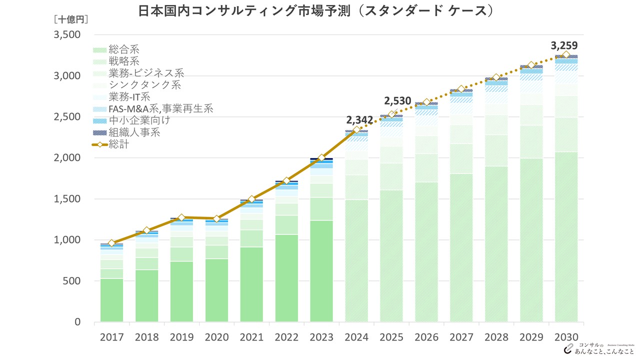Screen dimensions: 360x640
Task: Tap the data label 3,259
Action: click(x=564, y=45)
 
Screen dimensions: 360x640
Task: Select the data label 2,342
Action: click(x=360, y=120)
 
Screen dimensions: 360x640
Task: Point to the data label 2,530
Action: click(x=397, y=101)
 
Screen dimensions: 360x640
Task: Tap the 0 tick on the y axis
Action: click(x=77, y=322)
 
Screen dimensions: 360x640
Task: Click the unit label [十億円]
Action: click(x=71, y=19)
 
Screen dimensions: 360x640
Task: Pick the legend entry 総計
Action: click(x=119, y=144)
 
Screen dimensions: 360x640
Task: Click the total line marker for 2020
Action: click(x=216, y=218)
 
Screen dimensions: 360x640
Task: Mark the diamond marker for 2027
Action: click(x=461, y=89)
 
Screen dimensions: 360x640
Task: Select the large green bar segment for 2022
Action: click(x=286, y=277)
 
